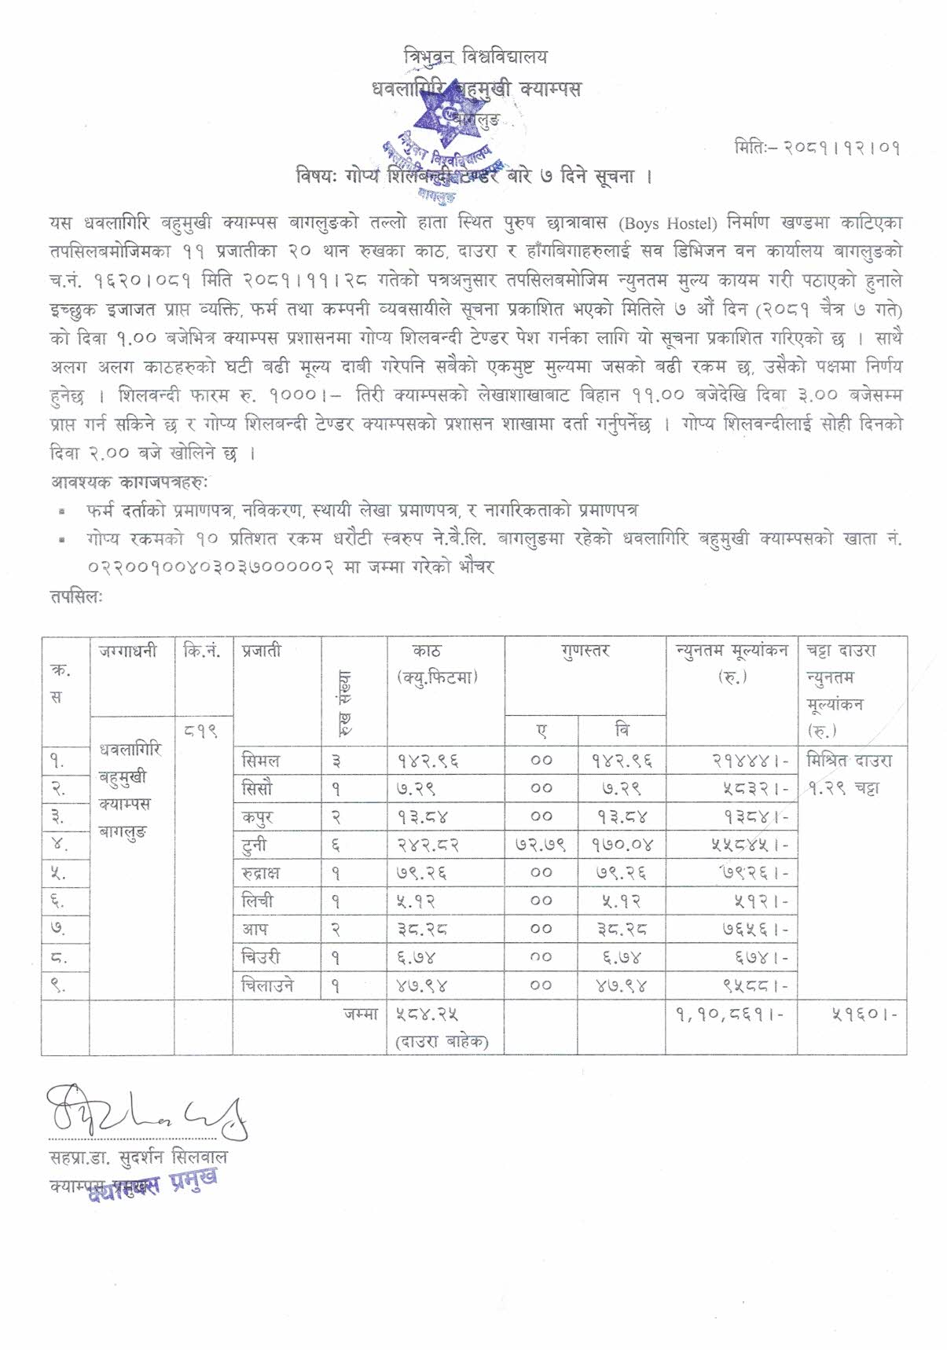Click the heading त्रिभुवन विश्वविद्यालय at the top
click(475, 57)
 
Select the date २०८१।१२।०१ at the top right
click(817, 148)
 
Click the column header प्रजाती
click(262, 651)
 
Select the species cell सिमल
click(261, 761)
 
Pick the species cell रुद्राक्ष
click(261, 873)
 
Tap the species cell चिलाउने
click(268, 985)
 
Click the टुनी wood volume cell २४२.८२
click(428, 846)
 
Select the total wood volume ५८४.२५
click(428, 1014)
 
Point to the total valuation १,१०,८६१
click(729, 1014)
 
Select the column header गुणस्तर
click(585, 651)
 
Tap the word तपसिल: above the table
click(75, 597)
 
